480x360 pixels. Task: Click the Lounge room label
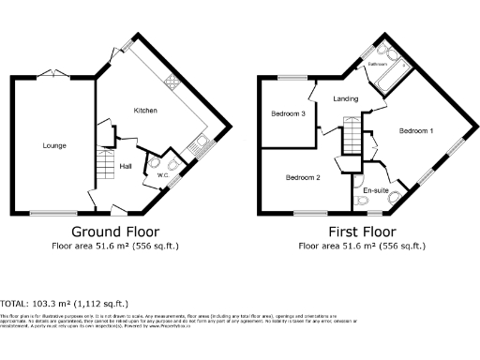click(x=52, y=145)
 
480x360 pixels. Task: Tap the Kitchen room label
click(x=144, y=111)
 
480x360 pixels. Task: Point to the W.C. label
click(x=161, y=174)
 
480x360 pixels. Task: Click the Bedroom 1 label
click(x=415, y=131)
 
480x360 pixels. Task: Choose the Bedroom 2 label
click(x=303, y=177)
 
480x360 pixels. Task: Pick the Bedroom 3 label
click(x=289, y=113)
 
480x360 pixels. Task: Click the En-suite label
click(x=376, y=190)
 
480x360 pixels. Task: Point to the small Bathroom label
click(x=378, y=65)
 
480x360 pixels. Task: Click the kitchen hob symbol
click(x=172, y=83)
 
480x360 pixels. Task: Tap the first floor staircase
click(x=351, y=136)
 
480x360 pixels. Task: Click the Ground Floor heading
click(x=115, y=232)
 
